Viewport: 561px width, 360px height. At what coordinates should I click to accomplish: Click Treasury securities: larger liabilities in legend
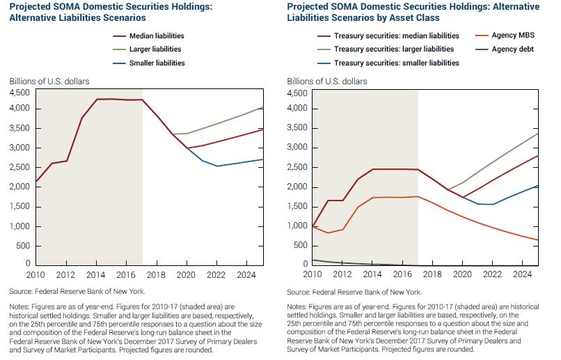pos(393,49)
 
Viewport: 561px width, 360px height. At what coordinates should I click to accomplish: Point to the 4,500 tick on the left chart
pos(19,93)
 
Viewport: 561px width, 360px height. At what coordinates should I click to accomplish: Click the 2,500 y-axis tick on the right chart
pos(298,168)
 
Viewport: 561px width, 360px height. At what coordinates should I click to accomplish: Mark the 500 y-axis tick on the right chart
pos(301,246)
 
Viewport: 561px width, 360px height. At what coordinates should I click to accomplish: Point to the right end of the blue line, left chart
pos(262,159)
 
